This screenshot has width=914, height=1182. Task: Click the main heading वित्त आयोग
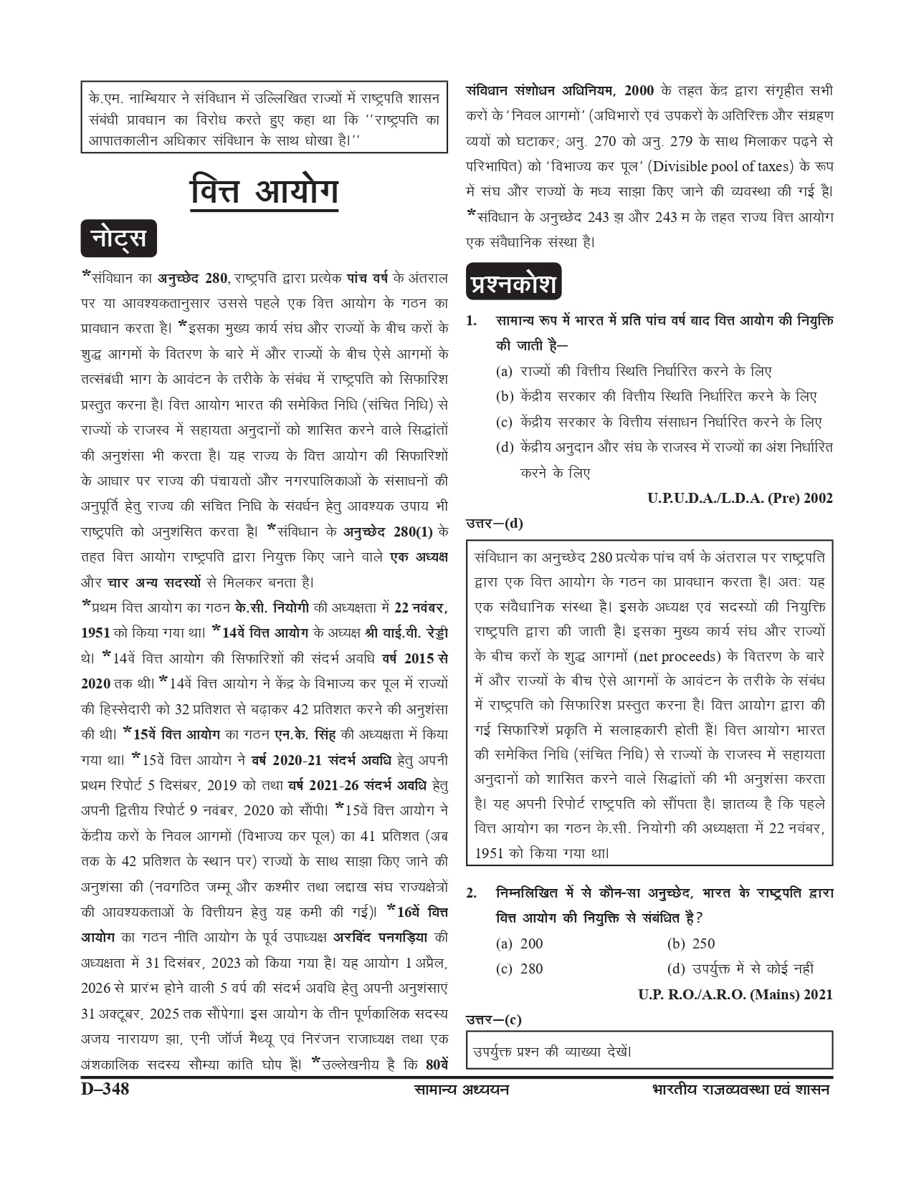[x=264, y=191]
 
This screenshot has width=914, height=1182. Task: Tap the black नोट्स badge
[x=118, y=238]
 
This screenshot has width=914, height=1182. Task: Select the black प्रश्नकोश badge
[x=513, y=283]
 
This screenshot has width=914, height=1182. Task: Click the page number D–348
[x=105, y=1089]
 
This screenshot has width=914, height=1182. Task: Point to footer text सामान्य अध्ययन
[x=462, y=1090]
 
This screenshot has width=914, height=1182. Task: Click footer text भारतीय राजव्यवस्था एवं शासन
[x=741, y=1090]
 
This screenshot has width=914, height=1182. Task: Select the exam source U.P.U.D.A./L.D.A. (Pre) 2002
[x=740, y=498]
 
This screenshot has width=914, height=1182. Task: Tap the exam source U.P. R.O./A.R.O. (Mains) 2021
[x=736, y=994]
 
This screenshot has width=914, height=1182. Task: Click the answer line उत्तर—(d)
[x=495, y=524]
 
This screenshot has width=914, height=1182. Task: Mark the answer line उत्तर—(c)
[x=494, y=1019]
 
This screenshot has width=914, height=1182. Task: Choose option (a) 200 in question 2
[x=520, y=943]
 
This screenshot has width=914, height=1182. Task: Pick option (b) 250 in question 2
[x=691, y=943]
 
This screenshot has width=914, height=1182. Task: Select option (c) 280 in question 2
[x=520, y=969]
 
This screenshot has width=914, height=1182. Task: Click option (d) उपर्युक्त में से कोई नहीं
[x=741, y=969]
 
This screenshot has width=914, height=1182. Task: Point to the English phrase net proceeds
[x=678, y=656]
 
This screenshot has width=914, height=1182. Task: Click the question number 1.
[x=472, y=321]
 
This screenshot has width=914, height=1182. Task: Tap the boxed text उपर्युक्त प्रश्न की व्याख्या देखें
[x=552, y=1052]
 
